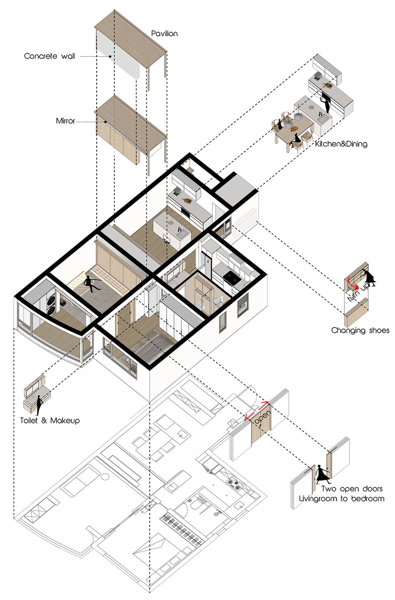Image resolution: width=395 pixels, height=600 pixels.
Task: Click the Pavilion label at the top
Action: [x=164, y=33]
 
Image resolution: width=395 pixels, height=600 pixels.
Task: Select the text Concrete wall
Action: [x=49, y=56]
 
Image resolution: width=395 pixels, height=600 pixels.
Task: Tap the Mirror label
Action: [x=65, y=121]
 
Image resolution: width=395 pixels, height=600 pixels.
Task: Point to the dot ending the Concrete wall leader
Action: [x=110, y=56]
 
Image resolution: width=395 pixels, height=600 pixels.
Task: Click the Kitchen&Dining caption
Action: [x=341, y=144]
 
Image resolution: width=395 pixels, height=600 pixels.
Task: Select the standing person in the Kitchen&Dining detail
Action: [x=325, y=102]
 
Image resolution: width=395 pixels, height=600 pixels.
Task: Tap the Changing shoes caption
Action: [x=360, y=330]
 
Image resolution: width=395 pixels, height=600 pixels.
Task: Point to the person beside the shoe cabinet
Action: [x=369, y=277]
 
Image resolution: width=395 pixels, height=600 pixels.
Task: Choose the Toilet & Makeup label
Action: [x=50, y=421]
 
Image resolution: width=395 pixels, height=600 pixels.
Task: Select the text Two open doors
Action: [x=352, y=489]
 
